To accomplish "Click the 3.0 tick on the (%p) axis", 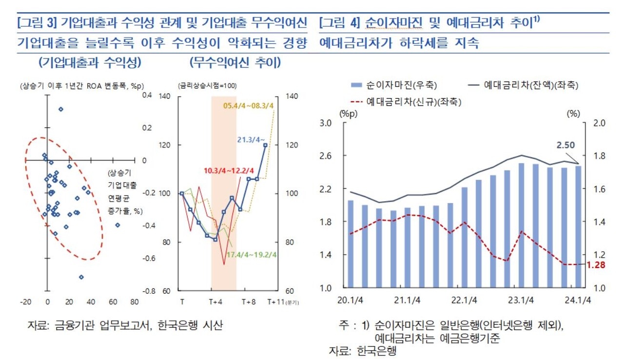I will tap(325, 123).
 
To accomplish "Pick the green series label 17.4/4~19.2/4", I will tap(252, 254).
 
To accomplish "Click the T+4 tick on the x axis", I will tap(216, 302).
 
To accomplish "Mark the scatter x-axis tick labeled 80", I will tap(135, 302).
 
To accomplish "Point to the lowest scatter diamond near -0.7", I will tap(81, 277).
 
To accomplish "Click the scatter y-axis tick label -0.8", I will tap(147, 291).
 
